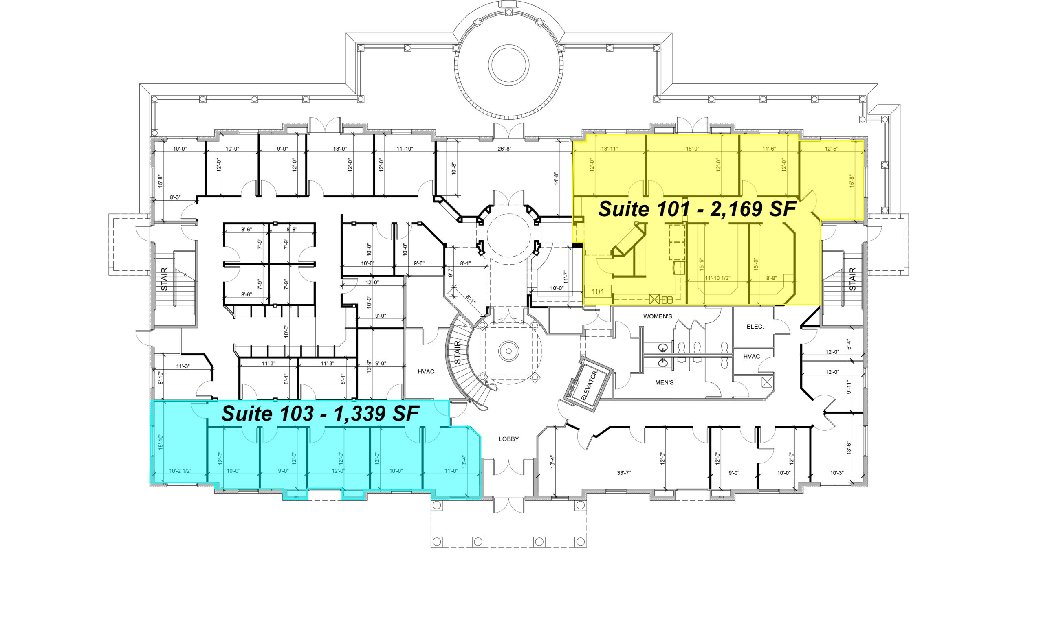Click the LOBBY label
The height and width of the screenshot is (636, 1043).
click(x=508, y=439)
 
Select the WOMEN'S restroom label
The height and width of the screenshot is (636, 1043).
click(x=658, y=316)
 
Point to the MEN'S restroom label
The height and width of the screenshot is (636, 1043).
click(x=664, y=382)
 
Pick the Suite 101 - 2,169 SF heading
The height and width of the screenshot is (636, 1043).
click(x=697, y=209)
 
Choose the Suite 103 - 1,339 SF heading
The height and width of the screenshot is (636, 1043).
click(x=320, y=413)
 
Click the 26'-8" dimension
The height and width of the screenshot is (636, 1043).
click(x=504, y=149)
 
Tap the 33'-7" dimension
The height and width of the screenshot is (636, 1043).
click(x=623, y=473)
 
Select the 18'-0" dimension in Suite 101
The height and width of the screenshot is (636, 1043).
click(x=692, y=149)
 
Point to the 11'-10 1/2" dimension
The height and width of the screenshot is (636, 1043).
click(x=717, y=279)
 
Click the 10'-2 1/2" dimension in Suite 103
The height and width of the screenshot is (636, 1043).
click(x=180, y=471)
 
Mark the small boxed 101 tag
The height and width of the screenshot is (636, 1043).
click(x=598, y=292)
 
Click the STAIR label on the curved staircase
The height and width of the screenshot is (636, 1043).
click(x=457, y=353)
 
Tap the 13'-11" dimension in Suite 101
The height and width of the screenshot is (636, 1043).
click(x=610, y=149)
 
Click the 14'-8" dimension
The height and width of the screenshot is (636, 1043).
click(x=557, y=178)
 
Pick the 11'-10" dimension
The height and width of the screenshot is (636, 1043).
click(x=405, y=149)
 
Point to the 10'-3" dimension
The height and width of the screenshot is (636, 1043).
click(x=837, y=473)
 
